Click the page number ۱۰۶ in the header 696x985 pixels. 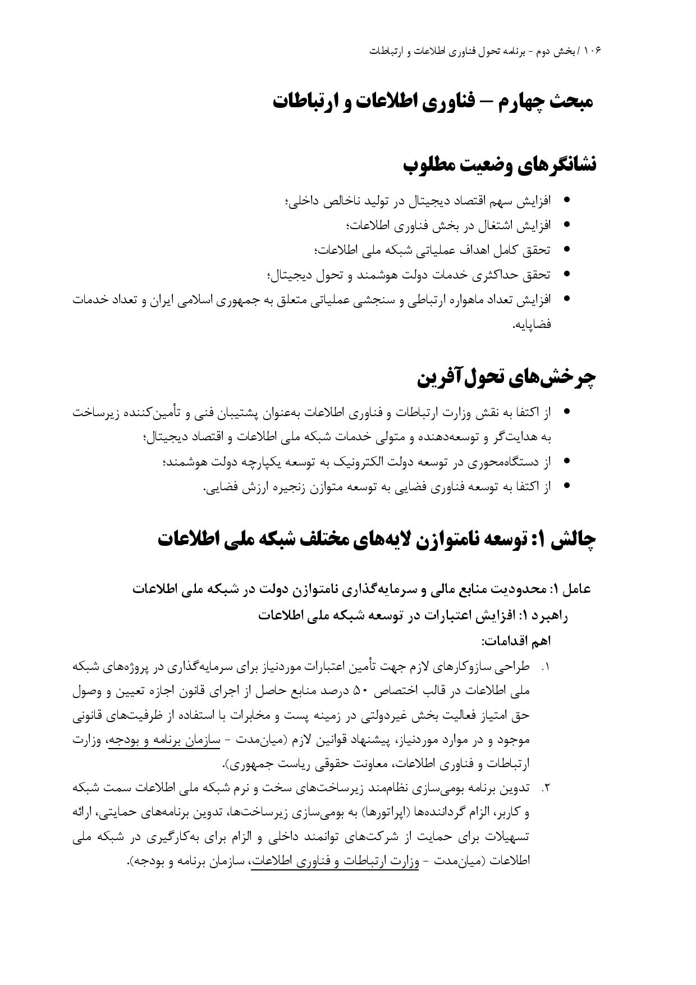[593, 51]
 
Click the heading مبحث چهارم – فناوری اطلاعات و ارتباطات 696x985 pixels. [433, 102]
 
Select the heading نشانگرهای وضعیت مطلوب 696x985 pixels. [500, 165]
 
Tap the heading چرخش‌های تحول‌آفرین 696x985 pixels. [506, 377]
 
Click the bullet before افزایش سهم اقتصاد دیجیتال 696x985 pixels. [566, 200]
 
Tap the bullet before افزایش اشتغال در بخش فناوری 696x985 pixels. [566, 225]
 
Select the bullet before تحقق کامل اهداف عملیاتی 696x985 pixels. [566, 249]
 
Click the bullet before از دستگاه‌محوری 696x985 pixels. [566, 461]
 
